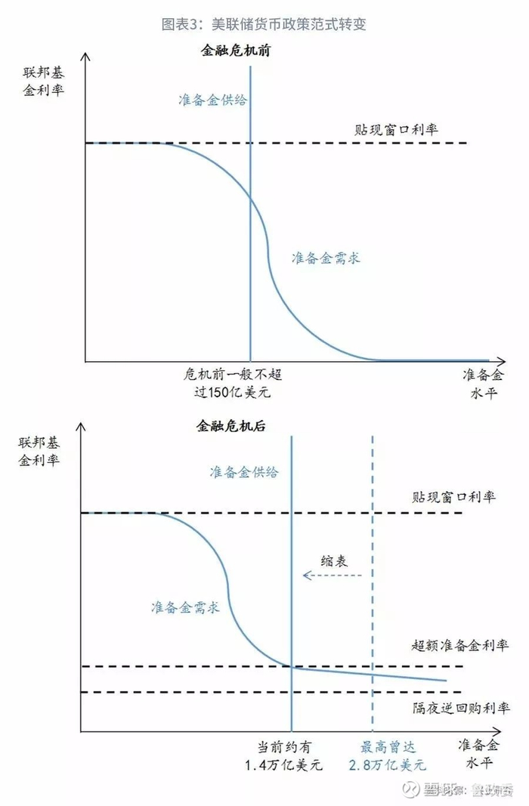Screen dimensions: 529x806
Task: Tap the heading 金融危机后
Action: point(230,426)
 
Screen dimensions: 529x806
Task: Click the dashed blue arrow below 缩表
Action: point(332,576)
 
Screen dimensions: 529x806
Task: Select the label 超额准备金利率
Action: point(459,645)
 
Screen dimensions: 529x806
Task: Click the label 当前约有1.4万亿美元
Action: point(284,755)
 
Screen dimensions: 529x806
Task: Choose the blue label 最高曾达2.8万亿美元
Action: point(387,755)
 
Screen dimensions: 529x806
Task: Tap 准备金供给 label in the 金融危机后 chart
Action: point(244,472)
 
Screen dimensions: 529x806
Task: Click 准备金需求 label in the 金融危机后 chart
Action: point(186,607)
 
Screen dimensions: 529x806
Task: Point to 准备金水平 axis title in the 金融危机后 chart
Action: point(480,752)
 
